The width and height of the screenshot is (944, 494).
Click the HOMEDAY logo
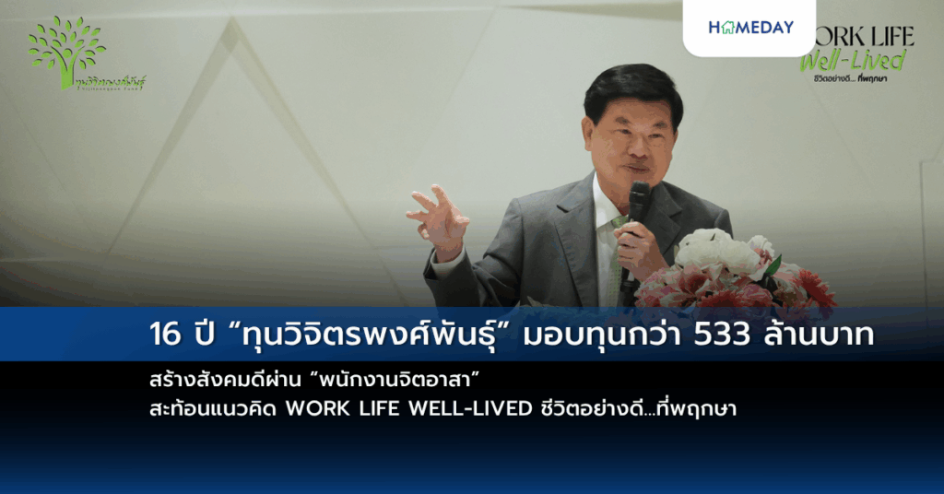pyautogui.click(x=750, y=28)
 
